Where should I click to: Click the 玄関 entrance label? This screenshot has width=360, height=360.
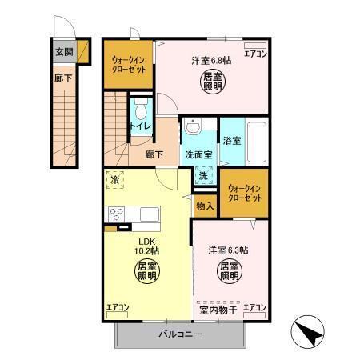[64, 51]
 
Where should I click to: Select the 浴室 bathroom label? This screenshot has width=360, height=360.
[232, 140]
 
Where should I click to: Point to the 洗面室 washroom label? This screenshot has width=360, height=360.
[198, 154]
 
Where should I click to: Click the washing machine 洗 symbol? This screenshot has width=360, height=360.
[203, 175]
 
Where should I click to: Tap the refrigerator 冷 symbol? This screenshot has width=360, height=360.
[115, 180]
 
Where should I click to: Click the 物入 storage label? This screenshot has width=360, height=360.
[205, 206]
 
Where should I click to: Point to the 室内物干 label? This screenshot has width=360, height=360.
[218, 310]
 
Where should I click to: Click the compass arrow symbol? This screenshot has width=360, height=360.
[310, 329]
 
